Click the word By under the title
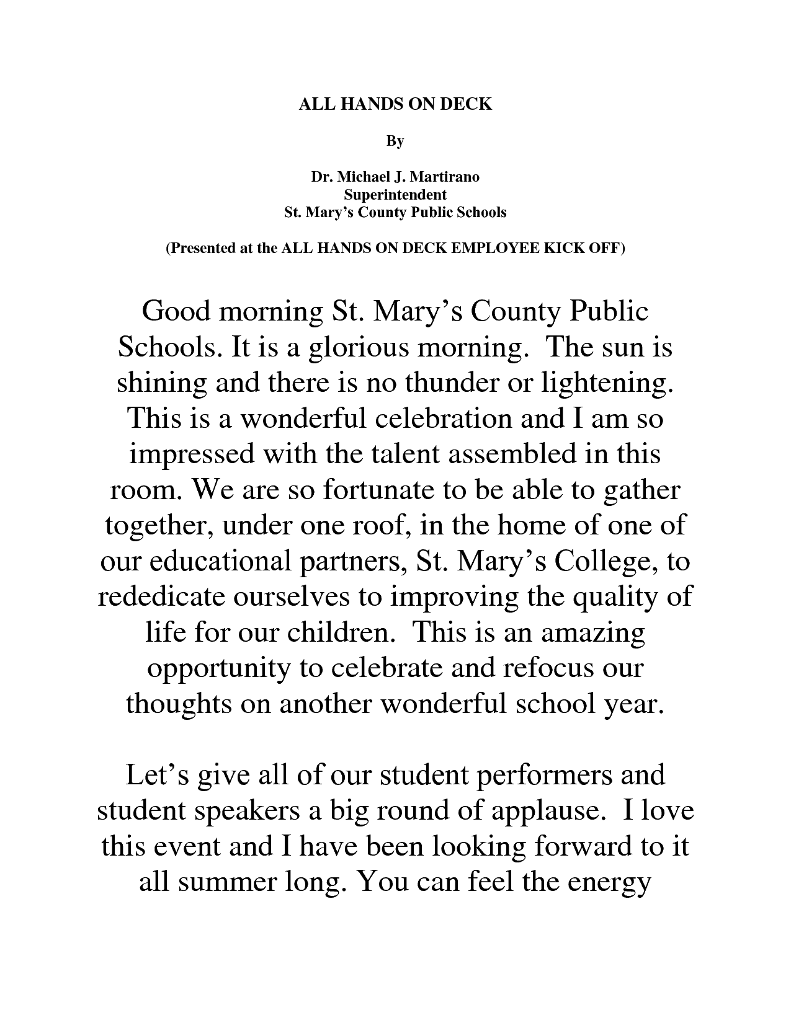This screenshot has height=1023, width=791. coord(395,141)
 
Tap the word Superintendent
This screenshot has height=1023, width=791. coord(395,195)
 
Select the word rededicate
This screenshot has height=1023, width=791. coord(162,596)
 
